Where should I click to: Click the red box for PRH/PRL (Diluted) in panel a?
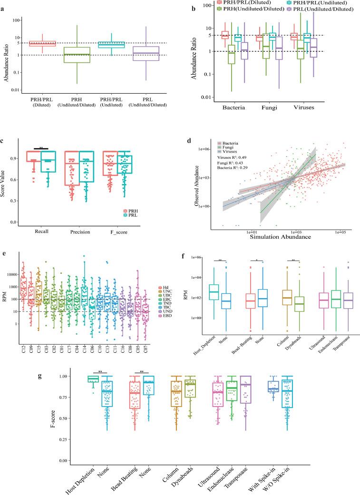[x=43, y=44]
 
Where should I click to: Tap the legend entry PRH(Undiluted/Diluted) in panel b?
[x=243, y=9]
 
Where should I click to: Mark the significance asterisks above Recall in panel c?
[x=42, y=148]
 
